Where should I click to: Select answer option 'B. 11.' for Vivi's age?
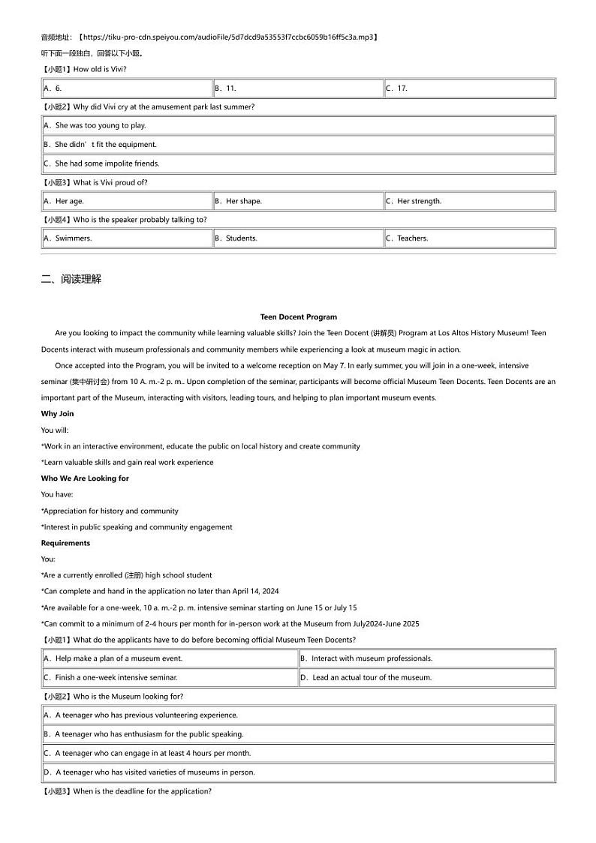point(226,88)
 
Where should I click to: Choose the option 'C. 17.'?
point(397,88)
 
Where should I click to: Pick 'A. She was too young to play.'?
point(95,126)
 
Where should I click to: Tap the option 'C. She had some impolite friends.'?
point(102,163)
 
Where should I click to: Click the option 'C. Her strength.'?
point(414,201)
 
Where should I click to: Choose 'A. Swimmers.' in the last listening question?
point(68,238)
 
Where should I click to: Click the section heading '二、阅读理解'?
point(71,279)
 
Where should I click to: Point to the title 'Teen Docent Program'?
point(298,317)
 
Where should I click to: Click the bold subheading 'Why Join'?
point(58,414)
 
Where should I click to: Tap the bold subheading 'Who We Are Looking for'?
point(85,478)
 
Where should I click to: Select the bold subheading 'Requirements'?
point(65,543)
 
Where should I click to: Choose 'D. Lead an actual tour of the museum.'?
point(366,678)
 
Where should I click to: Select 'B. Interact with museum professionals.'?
point(367,658)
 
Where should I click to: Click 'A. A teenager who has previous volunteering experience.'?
point(141,715)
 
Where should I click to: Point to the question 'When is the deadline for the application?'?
point(142,791)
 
